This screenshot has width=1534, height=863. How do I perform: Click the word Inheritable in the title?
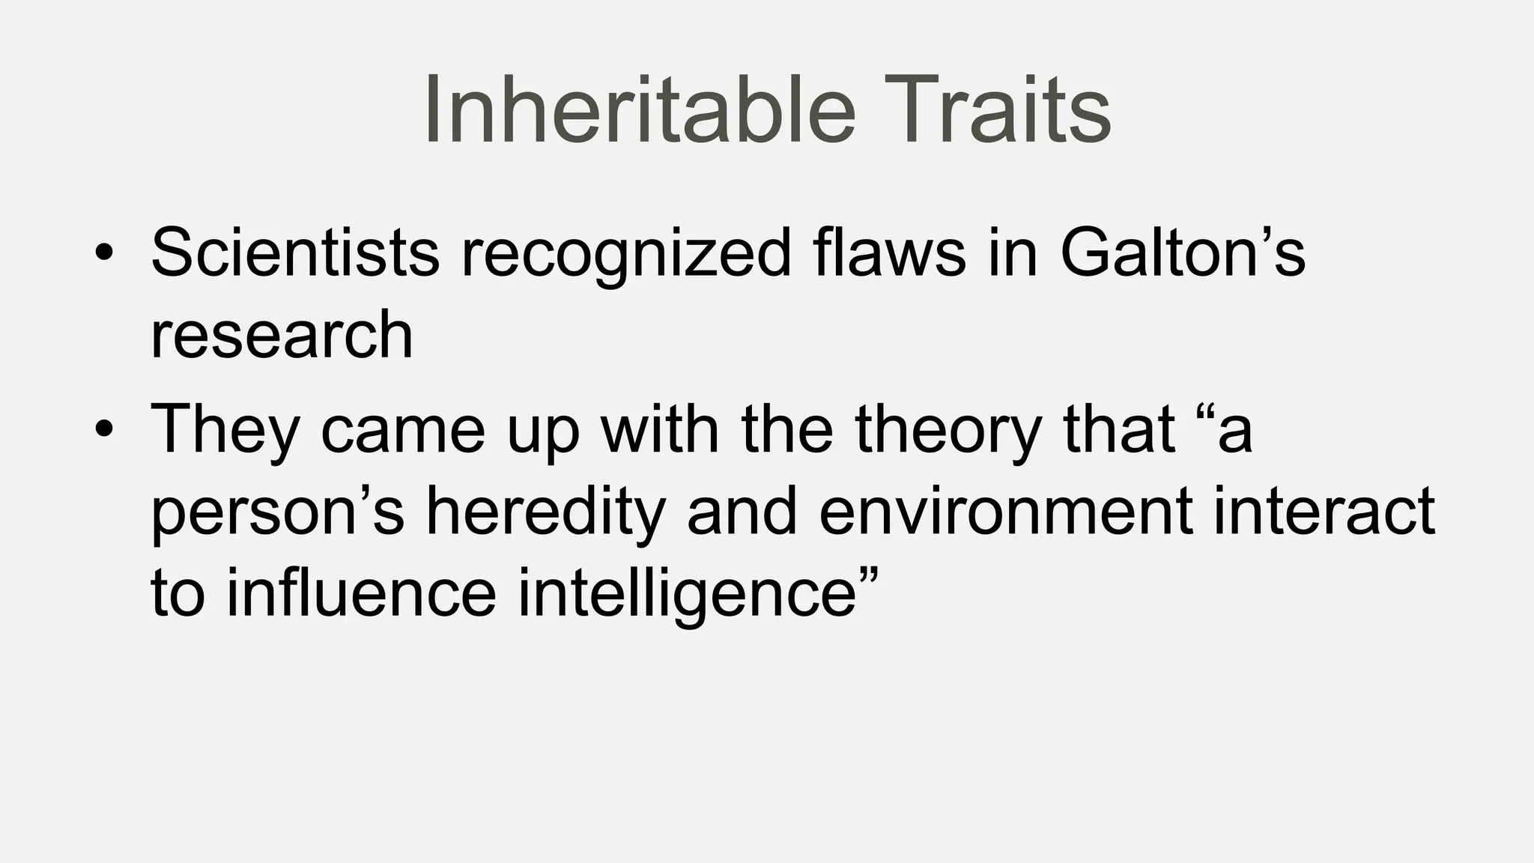pyautogui.click(x=639, y=110)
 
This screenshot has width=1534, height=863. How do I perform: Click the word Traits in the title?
pyautogui.click(x=995, y=110)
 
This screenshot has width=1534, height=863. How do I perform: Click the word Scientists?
pyautogui.click(x=295, y=252)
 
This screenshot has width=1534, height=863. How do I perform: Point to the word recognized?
pyautogui.click(x=625, y=255)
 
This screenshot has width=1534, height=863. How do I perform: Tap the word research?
pyautogui.click(x=282, y=335)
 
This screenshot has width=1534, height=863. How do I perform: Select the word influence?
pyautogui.click(x=362, y=593)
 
